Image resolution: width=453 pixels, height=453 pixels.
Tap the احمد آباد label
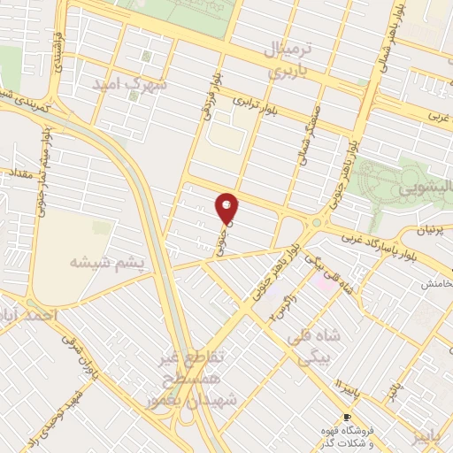coord(28,315)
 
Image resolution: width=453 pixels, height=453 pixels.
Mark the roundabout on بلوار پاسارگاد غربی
coord(317,224)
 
